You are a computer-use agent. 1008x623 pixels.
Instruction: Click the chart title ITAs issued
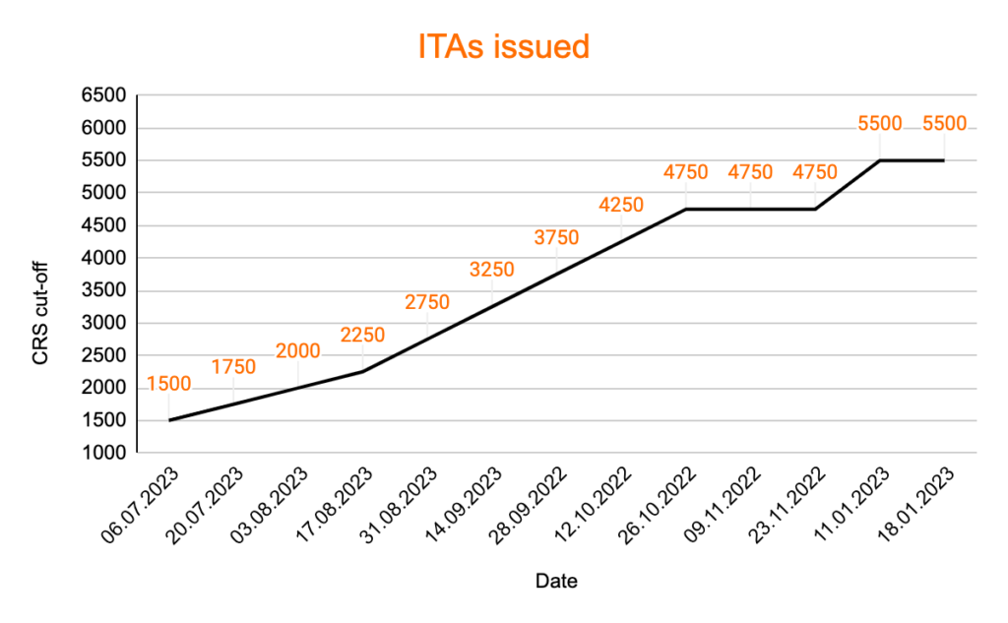tap(503, 46)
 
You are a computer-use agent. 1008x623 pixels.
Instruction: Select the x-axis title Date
tap(556, 581)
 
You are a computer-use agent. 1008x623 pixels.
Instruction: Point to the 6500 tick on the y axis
tap(105, 95)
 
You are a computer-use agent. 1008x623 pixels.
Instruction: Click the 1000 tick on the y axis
tap(105, 454)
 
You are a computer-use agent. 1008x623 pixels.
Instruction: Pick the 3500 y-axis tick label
tap(105, 290)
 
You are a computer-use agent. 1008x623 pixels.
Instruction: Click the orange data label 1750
tap(233, 367)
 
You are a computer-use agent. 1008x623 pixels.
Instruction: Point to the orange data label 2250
tap(362, 335)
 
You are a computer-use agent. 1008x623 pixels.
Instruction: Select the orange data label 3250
tap(492, 270)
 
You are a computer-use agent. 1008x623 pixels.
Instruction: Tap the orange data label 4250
tap(621, 205)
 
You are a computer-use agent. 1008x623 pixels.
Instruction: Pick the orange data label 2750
tap(427, 302)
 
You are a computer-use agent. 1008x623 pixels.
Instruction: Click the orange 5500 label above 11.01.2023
tap(880, 123)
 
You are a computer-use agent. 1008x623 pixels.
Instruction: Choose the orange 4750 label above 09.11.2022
tap(750, 172)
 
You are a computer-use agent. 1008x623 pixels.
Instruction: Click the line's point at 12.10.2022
tap(621, 241)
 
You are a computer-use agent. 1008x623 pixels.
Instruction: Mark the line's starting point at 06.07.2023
tap(169, 420)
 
